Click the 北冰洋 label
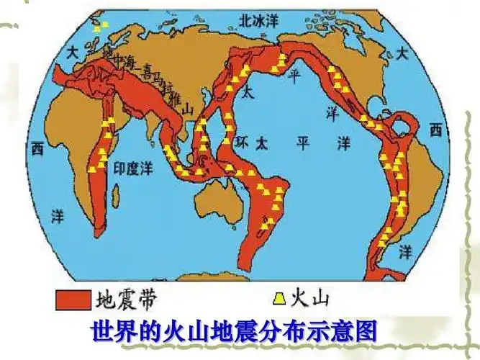(x=258, y=21)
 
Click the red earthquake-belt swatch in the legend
(x=73, y=297)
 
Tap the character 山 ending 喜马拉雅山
(x=189, y=109)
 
